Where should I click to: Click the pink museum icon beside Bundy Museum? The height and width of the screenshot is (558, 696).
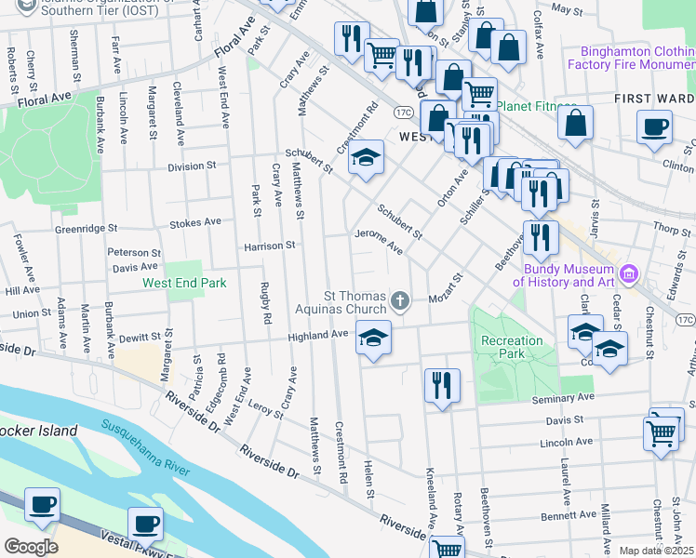[x=629, y=273]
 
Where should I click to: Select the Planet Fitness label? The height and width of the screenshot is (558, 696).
[x=538, y=106]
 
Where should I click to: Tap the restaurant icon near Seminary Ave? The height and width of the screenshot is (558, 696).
[x=442, y=385]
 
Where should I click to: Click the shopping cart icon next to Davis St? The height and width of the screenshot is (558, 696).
[x=661, y=432]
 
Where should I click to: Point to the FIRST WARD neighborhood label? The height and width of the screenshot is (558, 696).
[x=654, y=99]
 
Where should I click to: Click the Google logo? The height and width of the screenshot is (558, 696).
[x=31, y=546]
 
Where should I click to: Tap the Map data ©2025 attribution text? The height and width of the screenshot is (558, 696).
[x=656, y=551]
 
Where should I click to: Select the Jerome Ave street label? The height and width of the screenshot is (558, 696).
[x=379, y=242]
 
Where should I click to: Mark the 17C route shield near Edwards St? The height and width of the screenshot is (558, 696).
[x=685, y=320]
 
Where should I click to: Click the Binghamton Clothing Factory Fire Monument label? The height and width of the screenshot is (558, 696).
[x=636, y=59]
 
